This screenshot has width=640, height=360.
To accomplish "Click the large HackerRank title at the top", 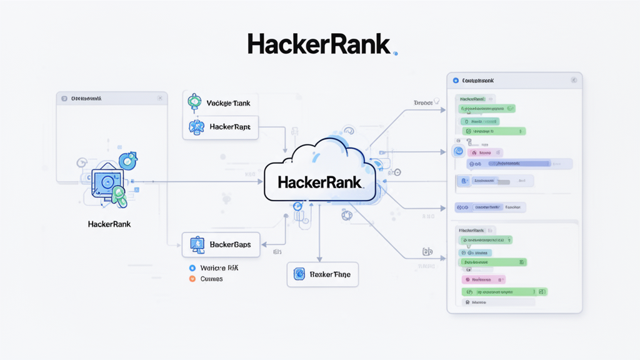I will click(319, 44).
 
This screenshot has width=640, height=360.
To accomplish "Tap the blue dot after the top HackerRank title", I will click(395, 54).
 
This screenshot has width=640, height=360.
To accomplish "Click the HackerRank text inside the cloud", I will click(319, 182).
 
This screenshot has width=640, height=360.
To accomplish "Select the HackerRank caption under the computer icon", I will click(109, 224).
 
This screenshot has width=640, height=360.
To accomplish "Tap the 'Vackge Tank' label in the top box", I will click(227, 102).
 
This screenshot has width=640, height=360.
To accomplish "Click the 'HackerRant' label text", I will click(229, 127).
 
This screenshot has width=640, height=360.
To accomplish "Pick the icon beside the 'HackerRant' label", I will click(196, 127).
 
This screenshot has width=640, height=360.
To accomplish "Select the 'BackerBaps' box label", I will click(230, 244).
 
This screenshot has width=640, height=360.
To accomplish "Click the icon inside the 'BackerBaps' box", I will click(197, 244).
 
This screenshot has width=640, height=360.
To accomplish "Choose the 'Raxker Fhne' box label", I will click(330, 274).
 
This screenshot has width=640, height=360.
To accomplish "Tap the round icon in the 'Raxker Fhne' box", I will click(299, 274).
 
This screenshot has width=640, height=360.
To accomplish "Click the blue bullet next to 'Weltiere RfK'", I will click(192, 267).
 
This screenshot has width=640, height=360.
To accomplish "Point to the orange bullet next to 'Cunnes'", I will click(192, 279).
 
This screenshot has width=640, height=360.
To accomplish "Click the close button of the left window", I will click(160, 98).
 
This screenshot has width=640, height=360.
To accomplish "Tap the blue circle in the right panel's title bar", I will click(456, 81).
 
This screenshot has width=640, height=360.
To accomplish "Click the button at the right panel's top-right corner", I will click(574, 81).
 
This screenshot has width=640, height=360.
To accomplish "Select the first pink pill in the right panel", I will click(486, 152).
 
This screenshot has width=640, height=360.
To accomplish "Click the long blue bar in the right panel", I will click(525, 164).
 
